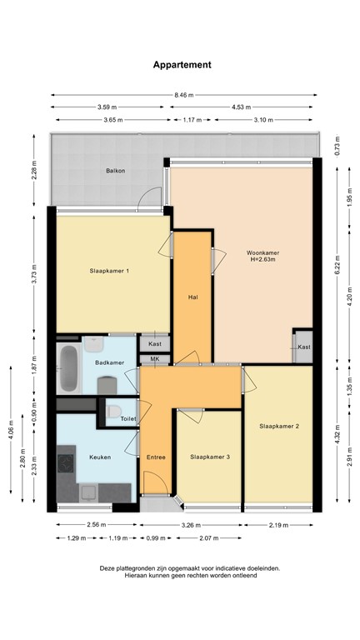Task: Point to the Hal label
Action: point(192,296)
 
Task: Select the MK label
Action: point(154,359)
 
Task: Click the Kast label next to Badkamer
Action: point(154,343)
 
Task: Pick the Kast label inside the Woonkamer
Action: point(304,347)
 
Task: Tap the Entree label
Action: point(156,457)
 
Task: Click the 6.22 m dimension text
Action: point(337,265)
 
